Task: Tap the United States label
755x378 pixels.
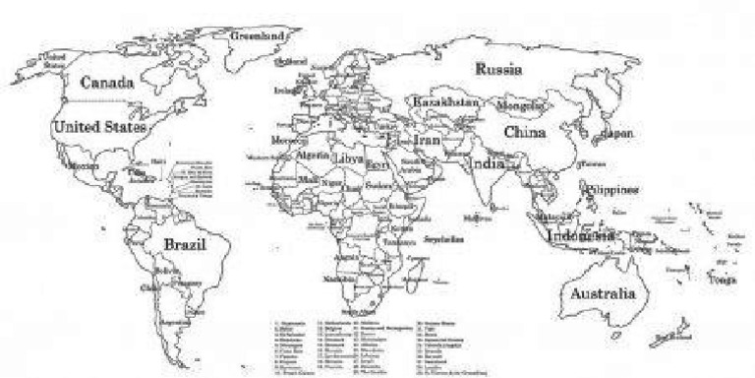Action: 99,127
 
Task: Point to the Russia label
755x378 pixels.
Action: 498,69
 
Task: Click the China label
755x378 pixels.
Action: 526,131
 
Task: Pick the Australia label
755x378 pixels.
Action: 601,292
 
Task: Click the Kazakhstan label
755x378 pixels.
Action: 446,102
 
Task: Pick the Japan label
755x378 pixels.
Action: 617,132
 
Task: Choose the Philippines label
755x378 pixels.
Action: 611,188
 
